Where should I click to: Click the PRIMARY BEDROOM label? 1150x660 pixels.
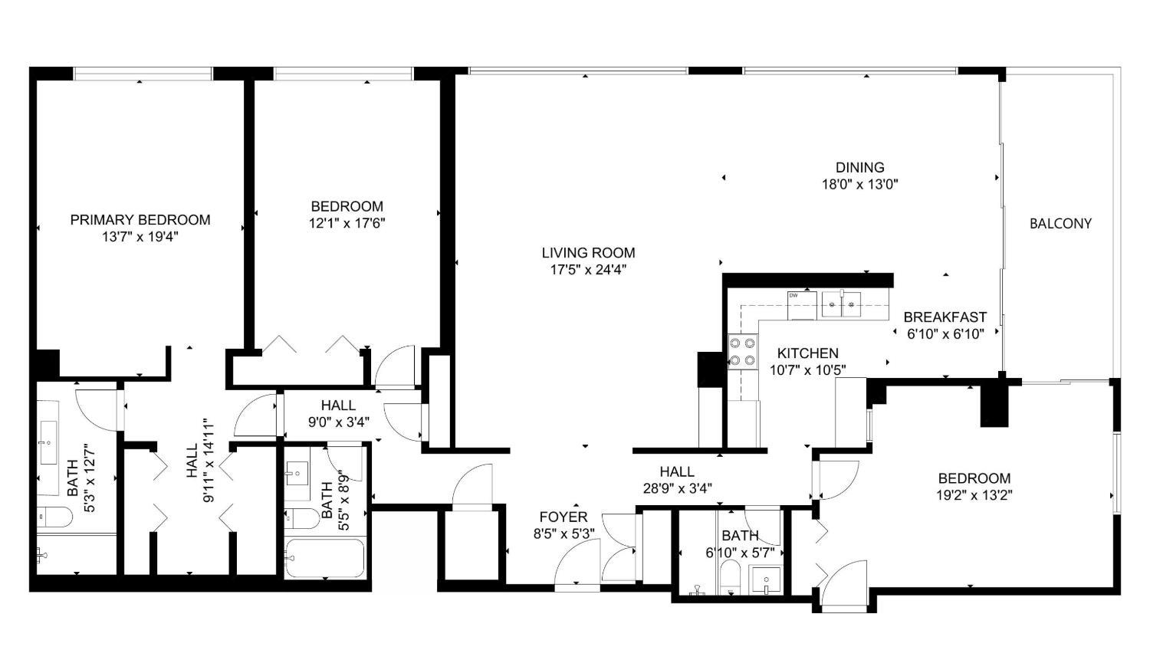pos(140,220)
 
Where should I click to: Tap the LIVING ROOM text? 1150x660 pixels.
pos(588,252)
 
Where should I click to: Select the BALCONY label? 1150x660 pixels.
pos(1060,223)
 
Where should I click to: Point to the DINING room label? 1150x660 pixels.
pos(860,167)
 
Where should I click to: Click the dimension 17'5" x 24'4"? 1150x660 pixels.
pos(588,270)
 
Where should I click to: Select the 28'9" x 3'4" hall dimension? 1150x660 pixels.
pos(677,488)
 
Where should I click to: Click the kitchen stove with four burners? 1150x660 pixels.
pos(743,352)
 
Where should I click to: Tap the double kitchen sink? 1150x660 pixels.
pos(841,304)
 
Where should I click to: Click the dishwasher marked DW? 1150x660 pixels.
pos(802,305)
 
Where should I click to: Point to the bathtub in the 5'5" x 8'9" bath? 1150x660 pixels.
pos(324,558)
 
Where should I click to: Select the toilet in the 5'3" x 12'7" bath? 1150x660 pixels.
pos(54,517)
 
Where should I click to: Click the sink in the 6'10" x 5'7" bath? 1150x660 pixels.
pos(765,580)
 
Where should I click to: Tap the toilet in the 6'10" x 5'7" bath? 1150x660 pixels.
pos(730,577)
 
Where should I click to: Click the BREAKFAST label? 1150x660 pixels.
pos(945,317)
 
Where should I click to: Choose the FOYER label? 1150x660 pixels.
pos(563,517)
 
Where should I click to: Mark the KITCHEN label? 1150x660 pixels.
pos(807,353)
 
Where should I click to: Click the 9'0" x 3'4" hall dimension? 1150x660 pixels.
pos(339,422)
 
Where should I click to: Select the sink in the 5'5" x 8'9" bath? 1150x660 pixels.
pos(297,474)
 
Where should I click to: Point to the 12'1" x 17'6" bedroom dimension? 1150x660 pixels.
pos(347,223)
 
